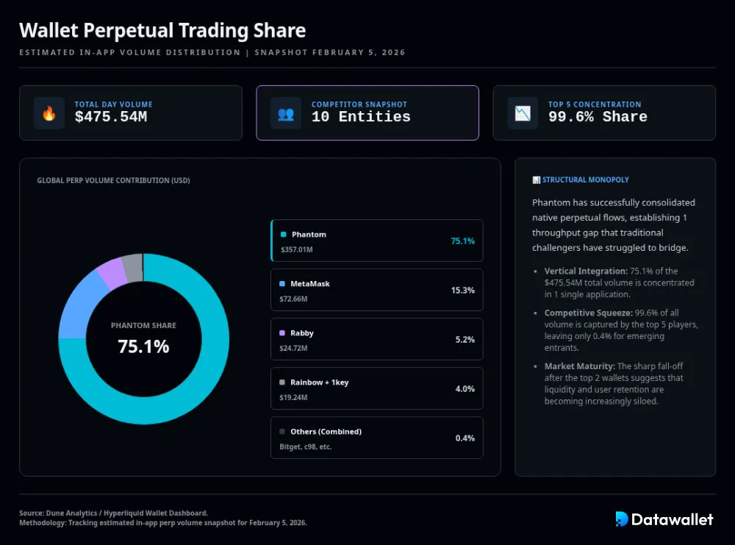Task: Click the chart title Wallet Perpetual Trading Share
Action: point(162,31)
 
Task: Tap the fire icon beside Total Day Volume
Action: point(49,113)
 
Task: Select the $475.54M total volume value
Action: point(110,117)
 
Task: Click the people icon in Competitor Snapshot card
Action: point(285,113)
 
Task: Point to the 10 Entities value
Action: point(360,117)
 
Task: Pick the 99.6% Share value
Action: point(597,117)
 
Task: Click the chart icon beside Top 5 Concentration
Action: point(523,113)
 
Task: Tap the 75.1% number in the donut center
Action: point(143,346)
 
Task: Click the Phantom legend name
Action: point(309,235)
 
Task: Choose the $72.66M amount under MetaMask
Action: point(293,299)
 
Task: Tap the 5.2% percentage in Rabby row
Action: point(465,340)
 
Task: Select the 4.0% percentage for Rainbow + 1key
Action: point(465,389)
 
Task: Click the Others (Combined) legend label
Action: point(326,432)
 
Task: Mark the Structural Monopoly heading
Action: point(585,179)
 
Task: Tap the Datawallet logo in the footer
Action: point(664,519)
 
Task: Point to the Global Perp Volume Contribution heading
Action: point(113,180)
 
